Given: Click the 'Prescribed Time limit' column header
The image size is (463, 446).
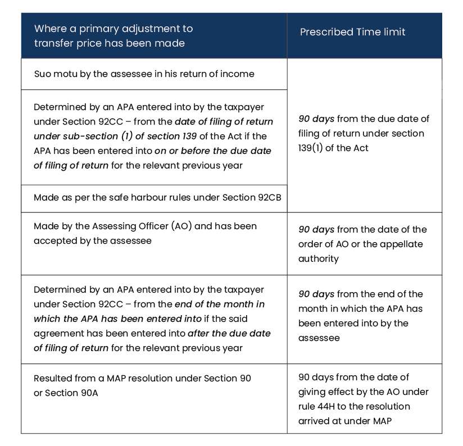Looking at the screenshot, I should pyautogui.click(x=352, y=32).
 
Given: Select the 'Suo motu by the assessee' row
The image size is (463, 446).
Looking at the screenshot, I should pyautogui.click(x=144, y=74).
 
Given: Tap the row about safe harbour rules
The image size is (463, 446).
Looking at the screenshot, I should pyautogui.click(x=157, y=198).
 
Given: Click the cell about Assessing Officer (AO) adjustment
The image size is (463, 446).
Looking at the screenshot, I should pyautogui.click(x=145, y=233).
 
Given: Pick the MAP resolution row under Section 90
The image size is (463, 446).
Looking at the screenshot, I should pyautogui.click(x=142, y=385).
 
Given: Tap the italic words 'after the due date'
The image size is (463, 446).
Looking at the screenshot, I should pyautogui.click(x=229, y=333).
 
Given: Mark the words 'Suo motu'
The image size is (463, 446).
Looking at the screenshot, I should pyautogui.click(x=52, y=74).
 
